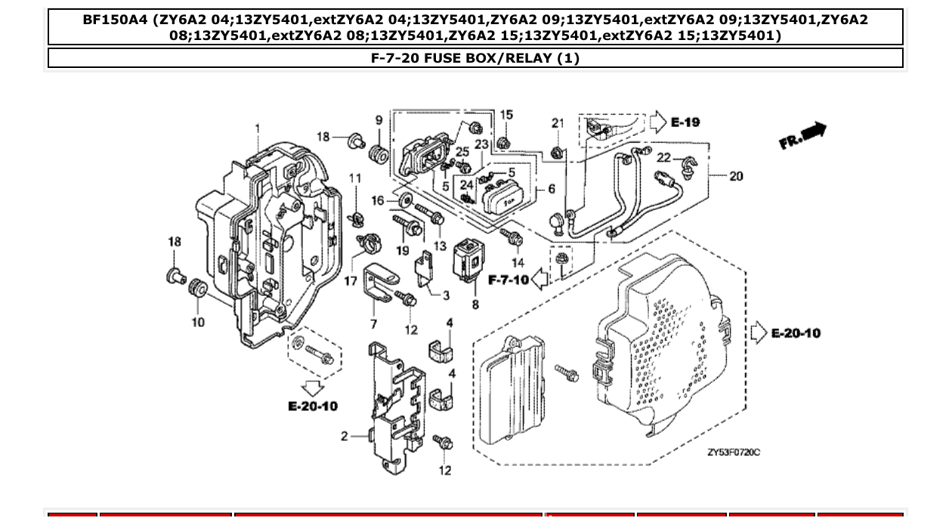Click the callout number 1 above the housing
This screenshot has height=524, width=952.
258,128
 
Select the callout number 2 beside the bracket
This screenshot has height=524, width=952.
345,436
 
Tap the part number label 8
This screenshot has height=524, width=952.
475,304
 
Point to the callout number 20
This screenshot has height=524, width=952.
736,176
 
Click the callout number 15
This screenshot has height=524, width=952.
506,115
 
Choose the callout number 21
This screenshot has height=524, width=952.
558,123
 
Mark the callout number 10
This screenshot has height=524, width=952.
197,322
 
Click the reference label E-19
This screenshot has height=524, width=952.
685,122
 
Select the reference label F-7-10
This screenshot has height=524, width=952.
508,280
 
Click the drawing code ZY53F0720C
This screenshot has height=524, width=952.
734,452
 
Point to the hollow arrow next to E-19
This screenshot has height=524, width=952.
657,122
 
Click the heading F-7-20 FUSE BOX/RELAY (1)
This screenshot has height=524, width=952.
475,58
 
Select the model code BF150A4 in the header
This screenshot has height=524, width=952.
115,20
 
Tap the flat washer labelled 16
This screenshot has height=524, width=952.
403,199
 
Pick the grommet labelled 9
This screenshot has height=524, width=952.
378,156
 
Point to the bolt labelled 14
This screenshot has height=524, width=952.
513,238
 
